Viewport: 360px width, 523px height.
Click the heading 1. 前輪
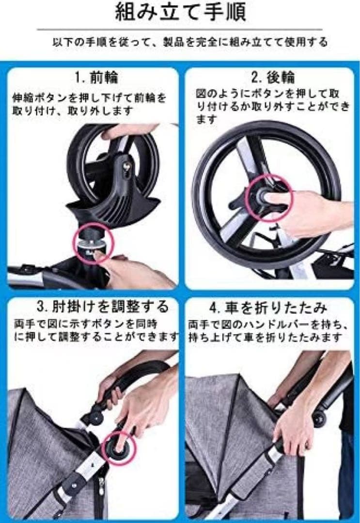pos(96,77)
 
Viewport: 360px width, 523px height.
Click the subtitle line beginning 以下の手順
pos(190,43)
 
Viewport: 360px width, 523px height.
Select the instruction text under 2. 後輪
pos(272,106)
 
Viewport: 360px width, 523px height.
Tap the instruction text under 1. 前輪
pos(92,104)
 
